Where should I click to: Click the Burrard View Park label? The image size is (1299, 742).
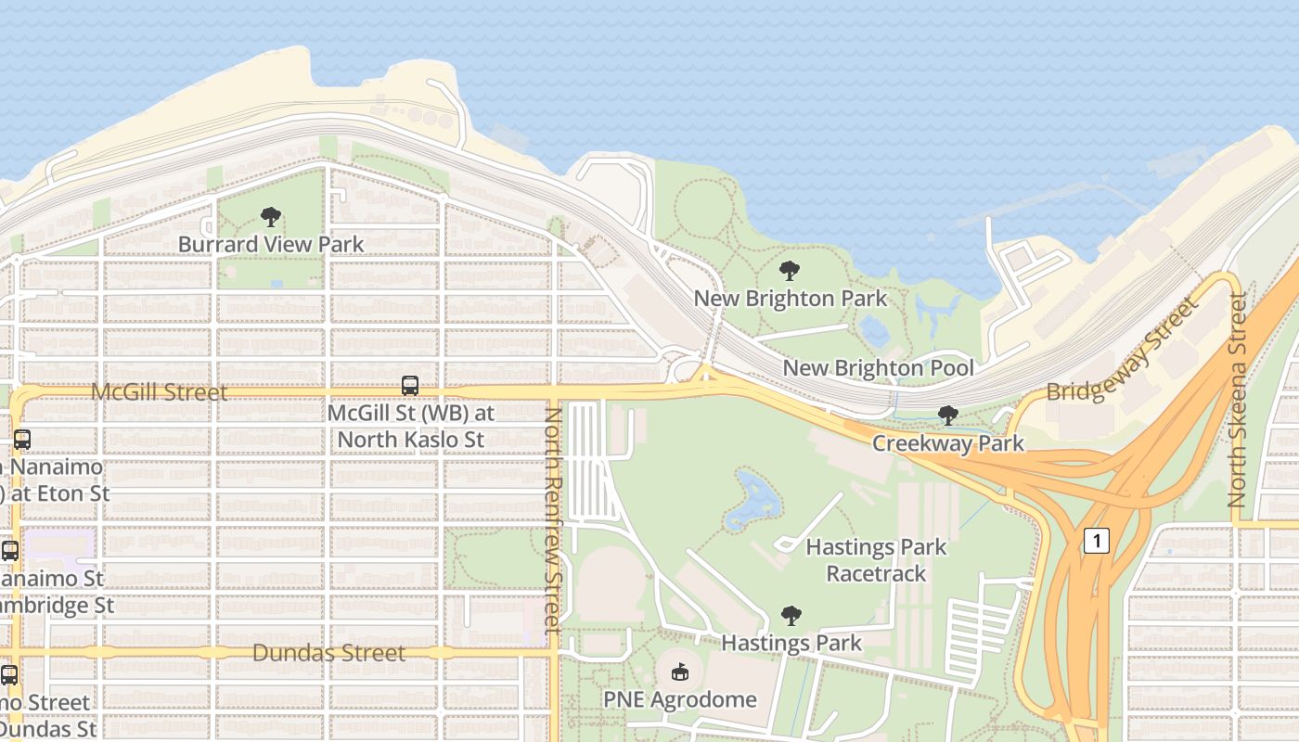(x=271, y=244)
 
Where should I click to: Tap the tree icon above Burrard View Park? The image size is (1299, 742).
(x=271, y=218)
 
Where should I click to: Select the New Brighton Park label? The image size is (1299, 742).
(x=790, y=298)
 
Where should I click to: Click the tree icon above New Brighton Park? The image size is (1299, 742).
(x=790, y=271)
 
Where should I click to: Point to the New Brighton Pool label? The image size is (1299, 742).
(x=878, y=367)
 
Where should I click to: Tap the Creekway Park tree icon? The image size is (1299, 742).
(x=947, y=416)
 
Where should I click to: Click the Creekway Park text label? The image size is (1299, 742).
(x=947, y=443)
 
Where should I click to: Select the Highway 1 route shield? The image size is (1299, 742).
(x=1096, y=541)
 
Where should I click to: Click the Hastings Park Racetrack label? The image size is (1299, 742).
(x=876, y=560)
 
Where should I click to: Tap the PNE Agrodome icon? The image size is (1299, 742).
(x=680, y=672)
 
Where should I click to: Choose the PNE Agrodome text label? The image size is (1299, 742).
(x=680, y=699)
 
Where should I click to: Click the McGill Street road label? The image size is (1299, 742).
(x=159, y=392)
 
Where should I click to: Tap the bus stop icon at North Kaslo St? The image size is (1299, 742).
(x=409, y=386)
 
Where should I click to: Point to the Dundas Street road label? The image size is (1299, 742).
(x=328, y=653)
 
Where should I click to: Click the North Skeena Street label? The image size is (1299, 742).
(x=1238, y=400)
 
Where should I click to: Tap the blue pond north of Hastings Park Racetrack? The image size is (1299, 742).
(x=753, y=496)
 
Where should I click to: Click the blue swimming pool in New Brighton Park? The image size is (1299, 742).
(x=873, y=329)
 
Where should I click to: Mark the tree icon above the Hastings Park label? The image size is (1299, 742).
(x=791, y=615)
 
